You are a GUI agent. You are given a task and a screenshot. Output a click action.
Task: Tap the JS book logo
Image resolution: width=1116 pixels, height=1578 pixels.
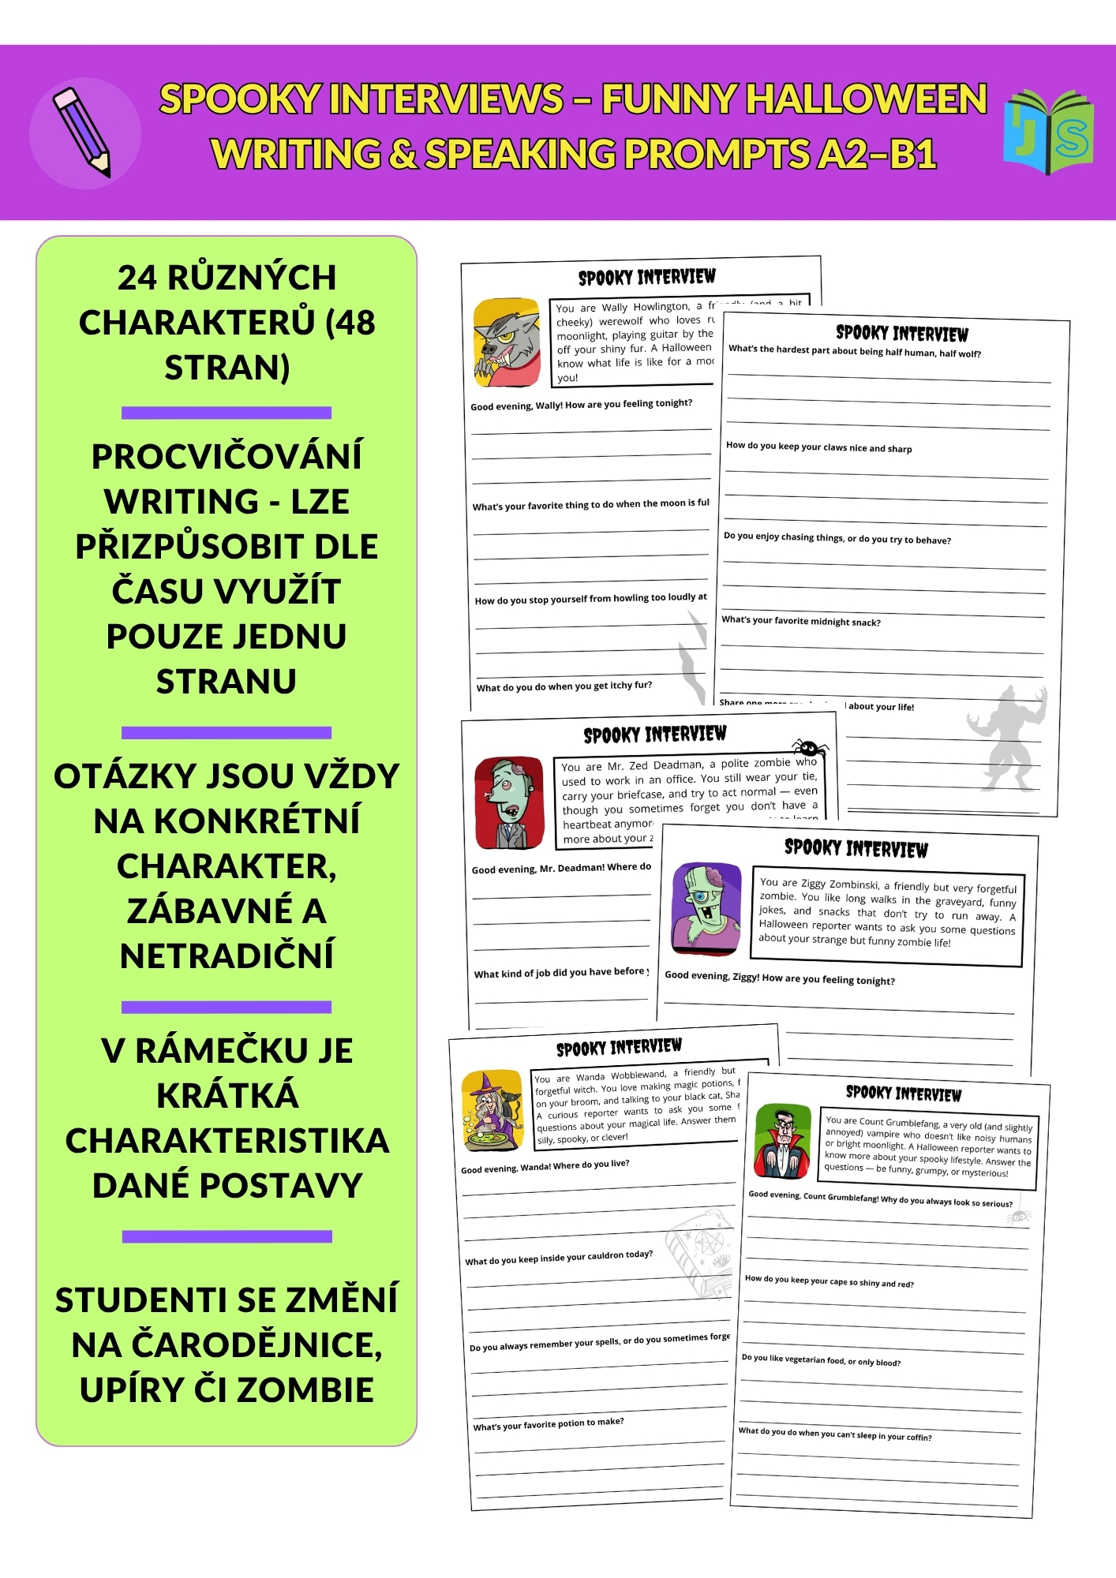(x=1048, y=132)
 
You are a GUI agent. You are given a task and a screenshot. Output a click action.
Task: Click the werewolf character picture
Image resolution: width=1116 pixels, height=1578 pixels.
(x=507, y=342)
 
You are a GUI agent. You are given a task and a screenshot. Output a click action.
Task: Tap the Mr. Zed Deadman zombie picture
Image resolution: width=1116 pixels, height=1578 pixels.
(x=509, y=803)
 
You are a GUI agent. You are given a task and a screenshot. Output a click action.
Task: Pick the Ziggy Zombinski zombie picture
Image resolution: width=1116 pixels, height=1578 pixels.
(x=706, y=907)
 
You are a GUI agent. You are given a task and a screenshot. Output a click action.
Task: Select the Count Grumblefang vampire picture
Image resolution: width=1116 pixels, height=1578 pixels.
(x=782, y=1141)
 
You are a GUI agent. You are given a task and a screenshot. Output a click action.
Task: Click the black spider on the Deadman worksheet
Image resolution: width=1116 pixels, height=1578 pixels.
(x=808, y=746)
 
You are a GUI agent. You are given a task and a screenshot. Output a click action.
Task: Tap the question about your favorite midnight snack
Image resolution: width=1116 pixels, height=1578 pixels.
(x=800, y=621)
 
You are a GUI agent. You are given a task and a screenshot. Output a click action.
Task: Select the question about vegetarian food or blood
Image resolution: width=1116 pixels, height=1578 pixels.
(x=821, y=1359)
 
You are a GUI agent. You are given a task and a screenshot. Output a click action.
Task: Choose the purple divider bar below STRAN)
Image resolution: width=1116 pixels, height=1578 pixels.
(x=227, y=413)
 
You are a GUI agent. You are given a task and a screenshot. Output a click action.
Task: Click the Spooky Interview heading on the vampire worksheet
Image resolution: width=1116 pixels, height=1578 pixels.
(x=903, y=1094)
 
